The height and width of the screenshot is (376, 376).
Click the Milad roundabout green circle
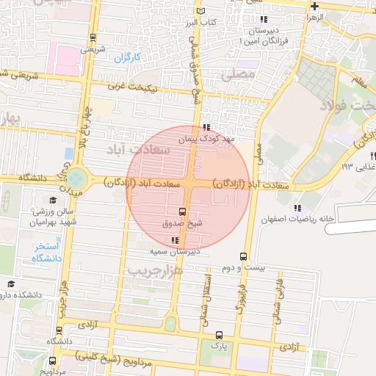(x=76, y=178)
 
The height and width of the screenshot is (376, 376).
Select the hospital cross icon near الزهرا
(x=314, y=6)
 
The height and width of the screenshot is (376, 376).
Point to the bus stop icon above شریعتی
(x=92, y=37)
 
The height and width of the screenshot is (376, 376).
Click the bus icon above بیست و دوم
(x=243, y=257)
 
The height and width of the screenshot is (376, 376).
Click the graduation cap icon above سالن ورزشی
(x=52, y=200)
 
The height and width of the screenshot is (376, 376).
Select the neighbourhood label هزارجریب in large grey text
(x=156, y=271)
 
